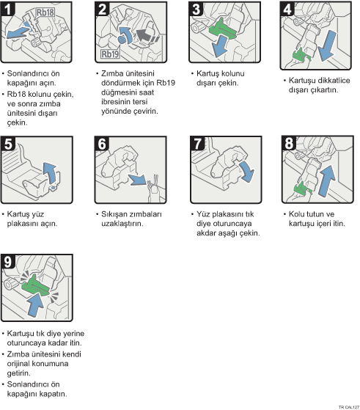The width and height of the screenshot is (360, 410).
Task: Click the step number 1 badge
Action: tap(7, 9)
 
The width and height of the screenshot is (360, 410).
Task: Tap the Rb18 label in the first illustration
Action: tap(45, 12)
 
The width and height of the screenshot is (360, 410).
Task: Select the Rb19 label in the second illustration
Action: tap(110, 54)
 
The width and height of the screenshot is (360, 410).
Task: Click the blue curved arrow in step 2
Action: tap(127, 35)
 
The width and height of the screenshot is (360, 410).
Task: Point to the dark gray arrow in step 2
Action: tap(145, 35)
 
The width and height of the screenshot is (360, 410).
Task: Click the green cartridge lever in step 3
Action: tap(223, 28)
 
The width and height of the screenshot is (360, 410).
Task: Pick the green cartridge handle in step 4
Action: tap(301, 56)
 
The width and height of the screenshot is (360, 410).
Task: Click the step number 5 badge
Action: tap(8, 144)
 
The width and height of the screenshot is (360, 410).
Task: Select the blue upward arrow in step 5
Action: tap(50, 173)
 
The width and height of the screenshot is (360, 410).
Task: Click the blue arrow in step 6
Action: tap(138, 180)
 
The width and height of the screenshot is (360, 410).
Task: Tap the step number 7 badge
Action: tap(197, 144)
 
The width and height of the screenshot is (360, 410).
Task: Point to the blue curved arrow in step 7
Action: tap(247, 171)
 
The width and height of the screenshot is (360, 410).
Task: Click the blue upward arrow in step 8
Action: tap(327, 180)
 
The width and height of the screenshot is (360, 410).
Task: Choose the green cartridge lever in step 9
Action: tap(35, 285)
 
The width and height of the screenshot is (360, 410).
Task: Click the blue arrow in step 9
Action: tap(35, 304)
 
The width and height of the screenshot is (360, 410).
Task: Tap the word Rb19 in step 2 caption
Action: tap(166, 83)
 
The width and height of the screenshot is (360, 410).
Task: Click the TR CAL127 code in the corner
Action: tap(349, 407)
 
